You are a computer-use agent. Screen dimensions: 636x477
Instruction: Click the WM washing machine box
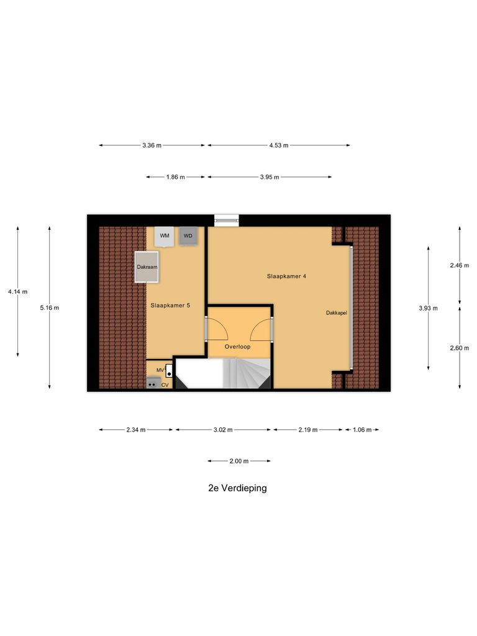[165, 237]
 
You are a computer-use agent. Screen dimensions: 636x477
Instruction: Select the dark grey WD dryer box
[188, 237]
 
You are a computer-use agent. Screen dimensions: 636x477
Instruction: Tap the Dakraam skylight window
[147, 267]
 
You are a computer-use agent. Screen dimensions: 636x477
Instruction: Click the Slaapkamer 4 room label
[286, 276]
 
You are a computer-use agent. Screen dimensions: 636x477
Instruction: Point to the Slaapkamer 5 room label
[170, 306]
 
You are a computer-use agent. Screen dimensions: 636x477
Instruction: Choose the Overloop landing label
[237, 347]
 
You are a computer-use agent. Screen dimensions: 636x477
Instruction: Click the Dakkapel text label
[336, 313]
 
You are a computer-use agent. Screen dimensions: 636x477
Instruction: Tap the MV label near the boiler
[160, 370]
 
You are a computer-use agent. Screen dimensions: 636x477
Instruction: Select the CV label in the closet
[165, 385]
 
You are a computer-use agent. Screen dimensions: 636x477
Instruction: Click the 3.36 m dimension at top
[152, 145]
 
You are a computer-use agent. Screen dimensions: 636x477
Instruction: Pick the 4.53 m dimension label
[279, 145]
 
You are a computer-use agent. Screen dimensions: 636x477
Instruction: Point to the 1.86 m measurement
[176, 177]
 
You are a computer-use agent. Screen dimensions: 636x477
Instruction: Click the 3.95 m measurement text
[270, 177]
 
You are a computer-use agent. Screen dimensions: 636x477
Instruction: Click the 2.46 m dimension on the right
[460, 265]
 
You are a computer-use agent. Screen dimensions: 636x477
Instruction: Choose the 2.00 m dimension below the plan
[239, 461]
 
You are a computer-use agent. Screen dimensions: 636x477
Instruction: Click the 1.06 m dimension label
[361, 429]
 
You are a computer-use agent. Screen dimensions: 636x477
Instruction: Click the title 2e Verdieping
[238, 488]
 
